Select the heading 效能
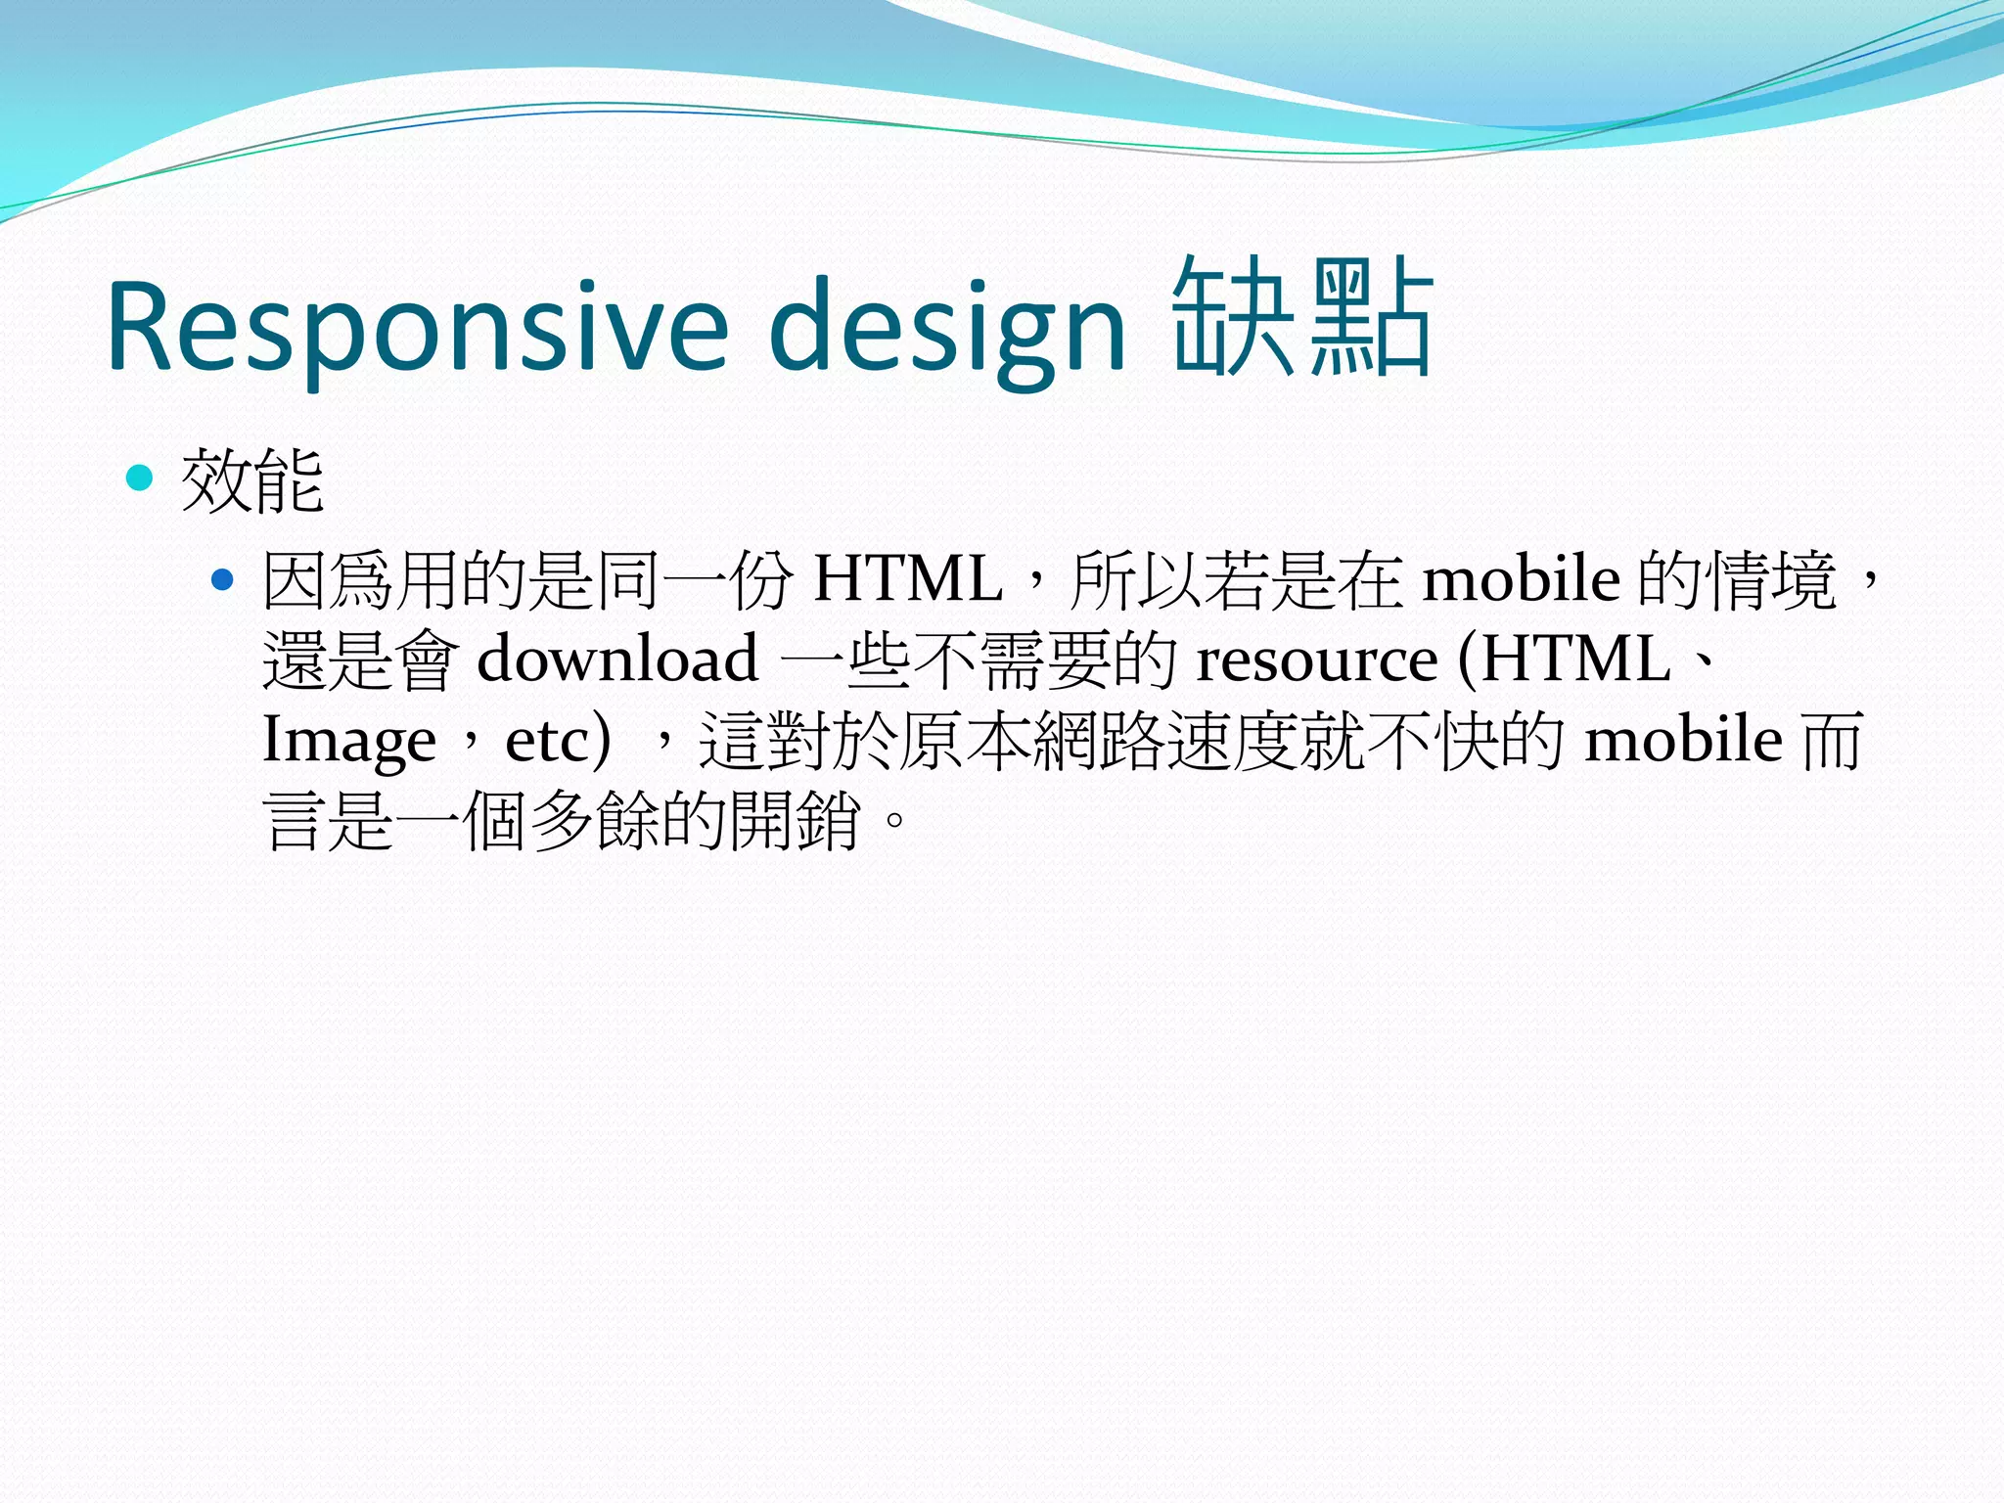point(252,481)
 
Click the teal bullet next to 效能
point(141,478)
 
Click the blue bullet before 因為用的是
point(223,580)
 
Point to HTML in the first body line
point(907,579)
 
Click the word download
point(617,659)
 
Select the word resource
point(1317,660)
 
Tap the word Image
point(348,740)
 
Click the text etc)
point(558,740)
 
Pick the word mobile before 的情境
point(1521,579)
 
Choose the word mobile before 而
point(1683,740)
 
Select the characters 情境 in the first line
point(1771,579)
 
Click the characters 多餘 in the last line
point(595,820)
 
